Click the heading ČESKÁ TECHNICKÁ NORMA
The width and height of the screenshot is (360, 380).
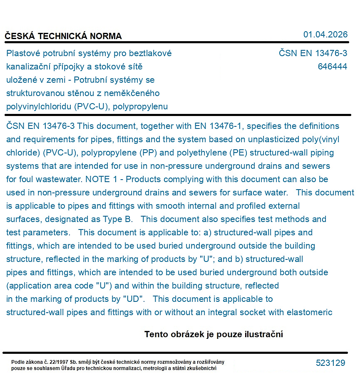click(x=63, y=36)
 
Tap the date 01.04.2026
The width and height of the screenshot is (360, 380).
click(x=325, y=35)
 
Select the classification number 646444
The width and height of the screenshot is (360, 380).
click(x=332, y=67)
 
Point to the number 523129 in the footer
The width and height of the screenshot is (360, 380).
click(x=330, y=363)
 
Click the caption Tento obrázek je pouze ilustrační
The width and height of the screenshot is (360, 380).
click(x=214, y=334)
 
